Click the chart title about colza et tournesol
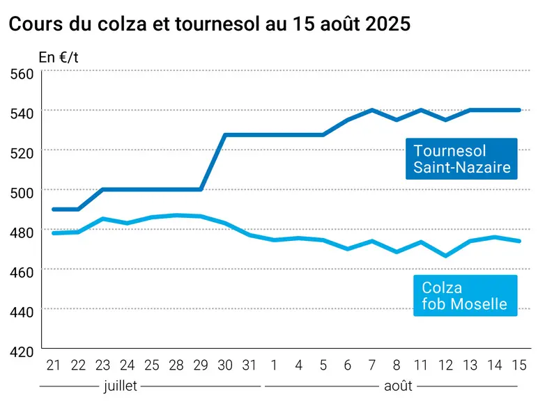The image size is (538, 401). coord(209,24)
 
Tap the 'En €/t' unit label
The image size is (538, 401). coord(59,58)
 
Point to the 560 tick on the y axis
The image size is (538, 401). coord(22,74)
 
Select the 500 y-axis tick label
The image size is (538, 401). coord(22,193)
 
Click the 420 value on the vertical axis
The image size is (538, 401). coord(22,352)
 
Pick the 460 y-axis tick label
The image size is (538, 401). coord(22,272)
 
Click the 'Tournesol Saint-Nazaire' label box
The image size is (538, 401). coord(461,159)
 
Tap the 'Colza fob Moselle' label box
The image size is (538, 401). coord(466,295)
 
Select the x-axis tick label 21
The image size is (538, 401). coord(54,365)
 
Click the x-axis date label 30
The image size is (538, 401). coord(225,365)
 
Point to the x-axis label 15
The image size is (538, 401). coord(519,365)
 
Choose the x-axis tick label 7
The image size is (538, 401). coord(372,365)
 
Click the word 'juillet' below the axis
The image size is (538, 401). coord(121,386)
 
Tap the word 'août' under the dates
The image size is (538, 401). coord(398,386)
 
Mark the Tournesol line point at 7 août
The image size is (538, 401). coord(372,110)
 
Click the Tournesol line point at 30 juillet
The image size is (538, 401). coord(225,135)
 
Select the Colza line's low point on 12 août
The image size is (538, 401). coord(446,255)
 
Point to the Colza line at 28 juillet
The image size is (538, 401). coord(176,216)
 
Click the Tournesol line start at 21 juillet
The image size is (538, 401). coord(54,209)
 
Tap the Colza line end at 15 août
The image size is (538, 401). coord(519,241)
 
